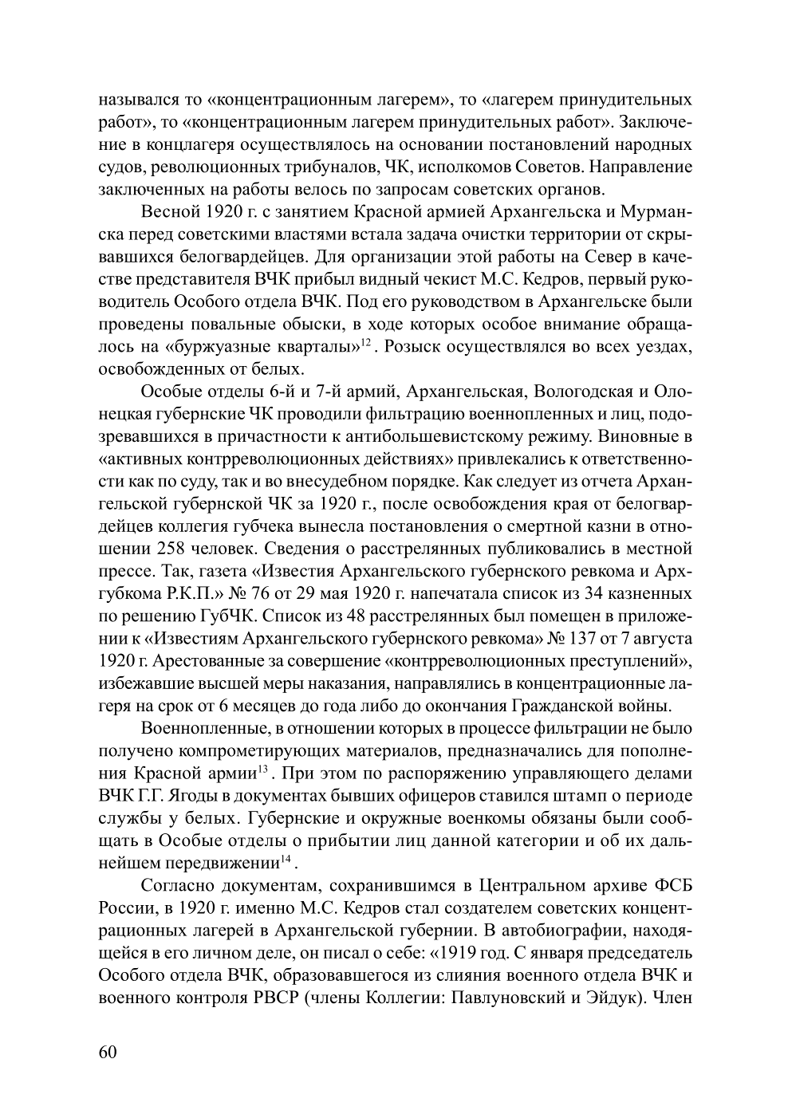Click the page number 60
(x=108, y=1051)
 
